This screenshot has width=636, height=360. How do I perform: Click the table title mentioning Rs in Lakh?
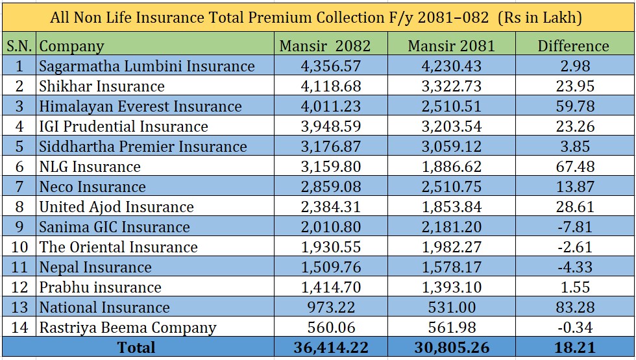[x=316, y=18]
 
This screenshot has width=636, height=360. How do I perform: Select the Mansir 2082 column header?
[x=324, y=45]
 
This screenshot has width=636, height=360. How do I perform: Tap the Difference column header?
[x=574, y=45]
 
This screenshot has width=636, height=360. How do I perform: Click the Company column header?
[x=71, y=46]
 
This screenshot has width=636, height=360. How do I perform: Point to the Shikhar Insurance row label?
[x=102, y=86]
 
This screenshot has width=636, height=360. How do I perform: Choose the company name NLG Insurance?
[x=90, y=167]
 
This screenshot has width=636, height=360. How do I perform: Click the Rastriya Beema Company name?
[x=127, y=328]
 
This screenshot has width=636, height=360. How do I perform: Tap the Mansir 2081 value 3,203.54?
[x=453, y=126]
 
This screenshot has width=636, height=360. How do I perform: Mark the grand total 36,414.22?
[x=331, y=348]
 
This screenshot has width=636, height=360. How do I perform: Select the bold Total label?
[x=136, y=348]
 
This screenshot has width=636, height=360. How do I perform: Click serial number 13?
[x=19, y=307]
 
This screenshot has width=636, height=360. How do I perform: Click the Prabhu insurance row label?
[x=100, y=287]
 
